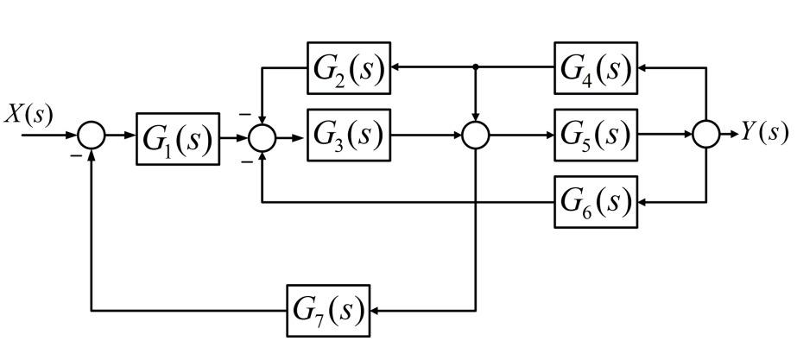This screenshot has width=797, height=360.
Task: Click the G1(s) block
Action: click(177, 136)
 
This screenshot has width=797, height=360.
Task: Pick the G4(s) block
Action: click(596, 67)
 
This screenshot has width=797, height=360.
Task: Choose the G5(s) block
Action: click(596, 134)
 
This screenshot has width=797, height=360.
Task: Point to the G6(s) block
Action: click(596, 202)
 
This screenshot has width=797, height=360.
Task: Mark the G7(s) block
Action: click(328, 309)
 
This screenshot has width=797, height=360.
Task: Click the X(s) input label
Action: click(28, 116)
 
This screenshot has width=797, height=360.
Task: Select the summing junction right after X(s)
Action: click(91, 136)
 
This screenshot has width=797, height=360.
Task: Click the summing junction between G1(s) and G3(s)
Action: click(262, 136)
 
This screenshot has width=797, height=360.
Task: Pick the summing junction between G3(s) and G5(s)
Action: click(476, 136)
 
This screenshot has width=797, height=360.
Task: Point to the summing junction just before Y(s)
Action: click(706, 135)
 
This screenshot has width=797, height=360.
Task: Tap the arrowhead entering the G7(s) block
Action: click(377, 309)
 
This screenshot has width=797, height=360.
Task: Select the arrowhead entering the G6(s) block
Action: click(644, 202)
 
